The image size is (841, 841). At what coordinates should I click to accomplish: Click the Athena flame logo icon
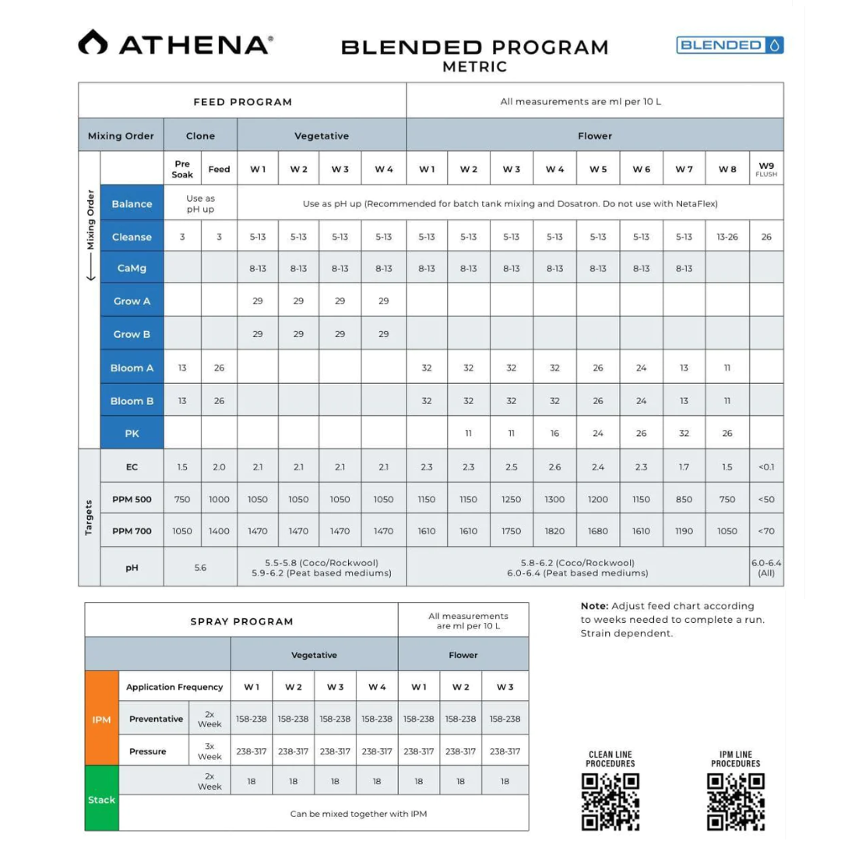click(93, 43)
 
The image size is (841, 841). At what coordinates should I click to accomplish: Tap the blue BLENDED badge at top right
click(730, 45)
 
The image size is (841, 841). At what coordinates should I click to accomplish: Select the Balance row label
click(132, 204)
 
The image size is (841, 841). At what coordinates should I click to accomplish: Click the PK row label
click(132, 433)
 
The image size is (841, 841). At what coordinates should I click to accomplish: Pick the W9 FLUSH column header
click(766, 169)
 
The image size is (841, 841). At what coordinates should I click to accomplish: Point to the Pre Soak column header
click(182, 169)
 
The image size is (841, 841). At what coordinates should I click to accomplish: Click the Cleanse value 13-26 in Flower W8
click(727, 237)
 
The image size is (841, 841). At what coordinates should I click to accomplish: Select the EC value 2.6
click(554, 467)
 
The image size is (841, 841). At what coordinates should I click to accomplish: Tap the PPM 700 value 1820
click(554, 531)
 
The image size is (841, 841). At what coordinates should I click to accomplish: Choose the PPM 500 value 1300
click(554, 499)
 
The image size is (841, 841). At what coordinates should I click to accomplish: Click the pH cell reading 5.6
click(200, 568)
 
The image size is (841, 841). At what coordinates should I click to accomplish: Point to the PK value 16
click(554, 433)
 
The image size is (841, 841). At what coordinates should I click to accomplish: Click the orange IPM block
click(101, 720)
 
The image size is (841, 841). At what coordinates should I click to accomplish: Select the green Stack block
click(101, 800)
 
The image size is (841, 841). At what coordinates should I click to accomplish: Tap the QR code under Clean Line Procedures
click(611, 801)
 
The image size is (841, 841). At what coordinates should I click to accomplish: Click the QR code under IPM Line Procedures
click(735, 801)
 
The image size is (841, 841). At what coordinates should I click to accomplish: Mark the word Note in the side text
click(594, 606)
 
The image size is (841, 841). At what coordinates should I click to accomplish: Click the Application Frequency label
click(174, 687)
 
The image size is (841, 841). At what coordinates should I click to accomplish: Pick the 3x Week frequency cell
click(209, 751)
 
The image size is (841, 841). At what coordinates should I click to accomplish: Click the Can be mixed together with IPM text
click(358, 814)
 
